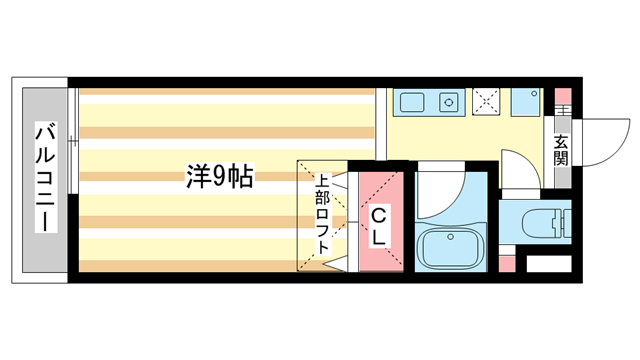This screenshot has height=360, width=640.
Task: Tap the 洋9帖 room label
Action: click(x=219, y=177)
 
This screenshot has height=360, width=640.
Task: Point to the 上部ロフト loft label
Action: click(x=323, y=214)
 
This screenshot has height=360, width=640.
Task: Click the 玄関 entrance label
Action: click(x=560, y=149)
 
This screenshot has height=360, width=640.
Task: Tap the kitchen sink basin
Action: click(x=412, y=102)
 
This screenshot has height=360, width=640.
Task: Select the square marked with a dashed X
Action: click(x=488, y=102)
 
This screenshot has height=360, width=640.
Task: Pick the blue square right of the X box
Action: click(x=524, y=102)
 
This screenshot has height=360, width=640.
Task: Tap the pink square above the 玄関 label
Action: click(x=562, y=106)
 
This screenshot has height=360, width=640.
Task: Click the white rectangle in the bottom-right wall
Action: click(x=547, y=265)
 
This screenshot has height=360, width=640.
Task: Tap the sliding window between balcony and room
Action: click(x=73, y=177)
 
